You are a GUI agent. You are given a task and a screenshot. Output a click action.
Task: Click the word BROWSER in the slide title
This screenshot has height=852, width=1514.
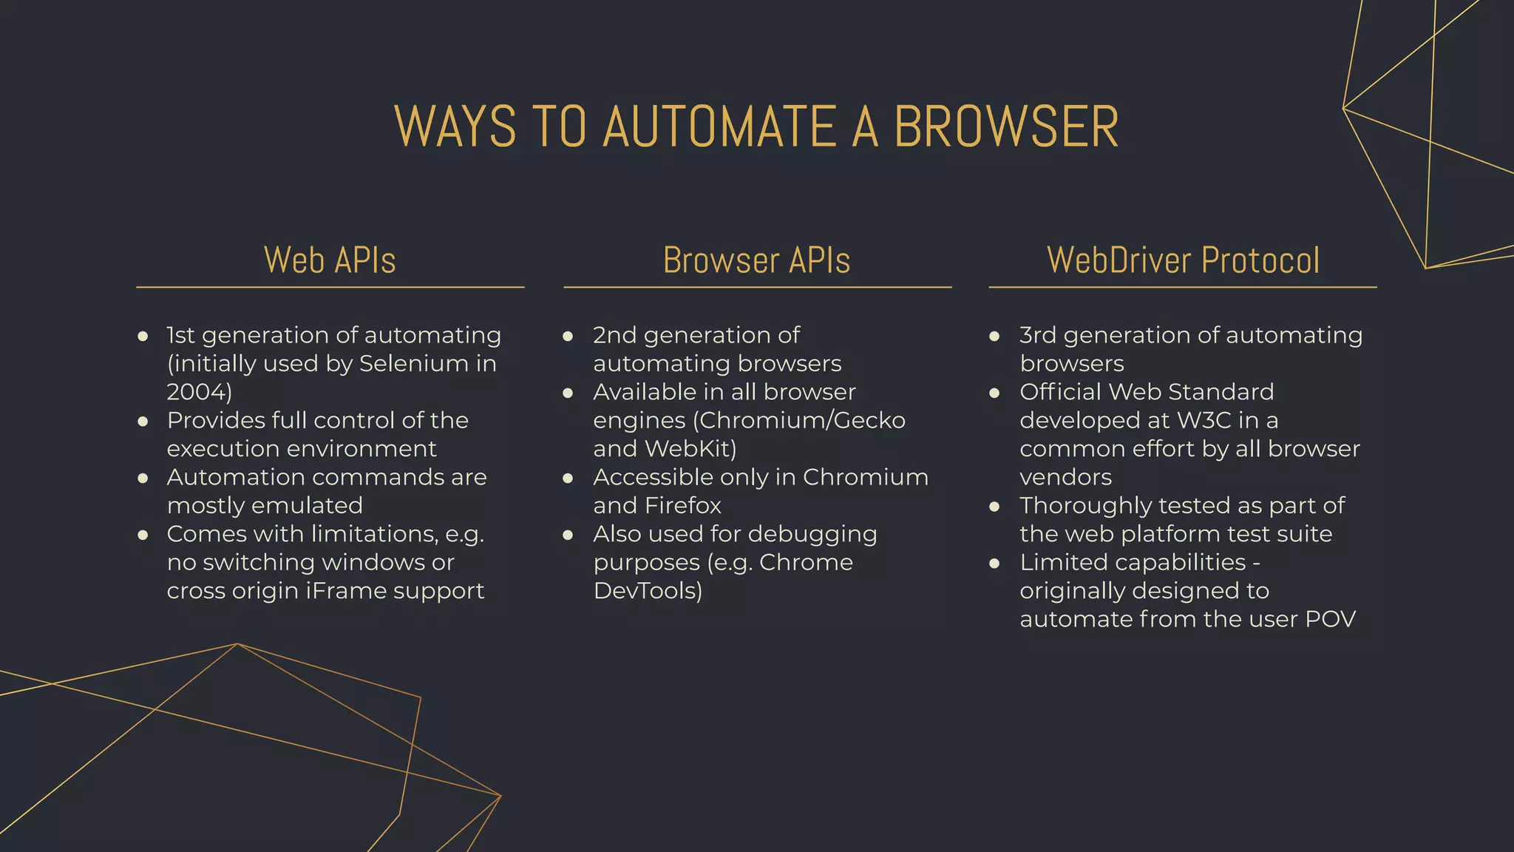coord(1006,126)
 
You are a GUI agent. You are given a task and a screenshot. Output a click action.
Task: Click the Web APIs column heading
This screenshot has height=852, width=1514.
coord(330,260)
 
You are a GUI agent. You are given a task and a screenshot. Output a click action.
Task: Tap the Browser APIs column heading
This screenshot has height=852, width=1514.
coord(756,260)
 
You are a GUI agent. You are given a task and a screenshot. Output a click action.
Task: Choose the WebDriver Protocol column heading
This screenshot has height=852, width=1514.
coord(1183,260)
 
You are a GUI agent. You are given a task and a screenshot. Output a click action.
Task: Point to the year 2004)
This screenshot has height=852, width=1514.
coord(199,392)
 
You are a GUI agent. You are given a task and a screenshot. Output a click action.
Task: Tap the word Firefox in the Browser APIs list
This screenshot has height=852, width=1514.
coord(682,506)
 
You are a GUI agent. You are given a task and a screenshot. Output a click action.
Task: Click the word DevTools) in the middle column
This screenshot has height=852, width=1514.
coord(648,591)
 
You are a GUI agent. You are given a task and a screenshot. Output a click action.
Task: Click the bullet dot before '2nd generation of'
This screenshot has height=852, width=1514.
coord(568,337)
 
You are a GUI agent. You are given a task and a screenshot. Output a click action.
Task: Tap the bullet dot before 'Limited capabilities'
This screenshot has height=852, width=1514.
coord(994,564)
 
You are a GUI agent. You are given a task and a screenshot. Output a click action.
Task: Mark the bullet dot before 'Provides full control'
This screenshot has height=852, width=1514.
coord(143,422)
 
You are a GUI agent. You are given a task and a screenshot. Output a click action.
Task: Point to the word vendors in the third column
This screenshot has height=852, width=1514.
coord(1065,478)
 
